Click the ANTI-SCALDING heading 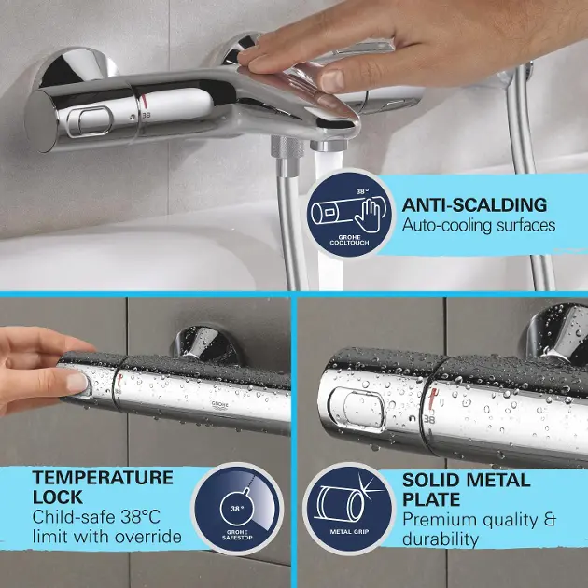click(474, 205)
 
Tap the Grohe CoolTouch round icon click(349, 214)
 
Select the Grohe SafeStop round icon click(237, 508)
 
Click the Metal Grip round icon click(349, 509)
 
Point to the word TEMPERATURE click(103, 478)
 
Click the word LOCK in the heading click(57, 497)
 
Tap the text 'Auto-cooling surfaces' click(479, 225)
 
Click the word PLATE click(431, 499)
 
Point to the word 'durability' click(441, 539)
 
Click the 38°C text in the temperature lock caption click(140, 517)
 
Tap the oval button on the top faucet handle click(90, 121)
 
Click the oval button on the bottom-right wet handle click(357, 411)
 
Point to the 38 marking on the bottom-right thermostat click(429, 419)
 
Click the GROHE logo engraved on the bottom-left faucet click(219, 404)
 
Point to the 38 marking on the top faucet click(147, 116)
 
